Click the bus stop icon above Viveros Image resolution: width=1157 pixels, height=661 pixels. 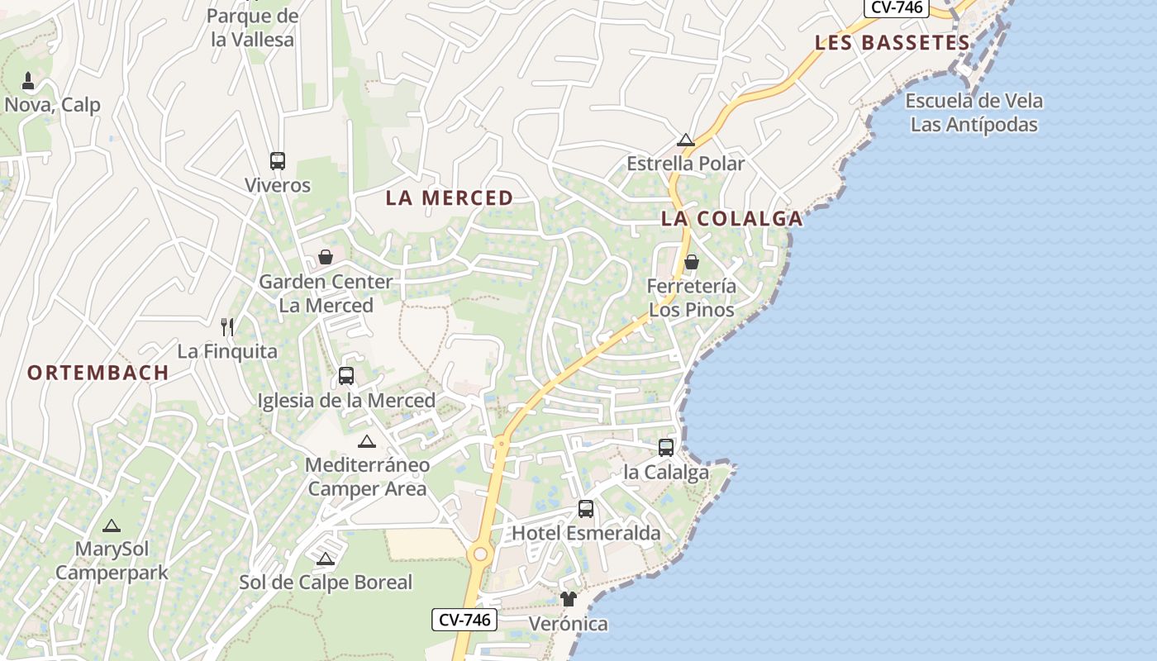tap(278, 160)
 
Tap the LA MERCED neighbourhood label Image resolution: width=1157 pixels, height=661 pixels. tap(450, 198)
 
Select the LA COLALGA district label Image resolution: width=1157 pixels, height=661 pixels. tap(732, 219)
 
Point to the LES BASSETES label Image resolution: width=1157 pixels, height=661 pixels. tap(892, 43)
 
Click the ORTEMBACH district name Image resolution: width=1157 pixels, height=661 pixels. tap(98, 373)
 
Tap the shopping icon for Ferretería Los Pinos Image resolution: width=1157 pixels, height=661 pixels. tap(692, 262)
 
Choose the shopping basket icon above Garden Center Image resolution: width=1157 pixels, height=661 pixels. tap(326, 257)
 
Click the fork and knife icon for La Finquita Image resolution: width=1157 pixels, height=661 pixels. tap(228, 327)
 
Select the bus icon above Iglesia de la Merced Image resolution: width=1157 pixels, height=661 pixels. tap(346, 376)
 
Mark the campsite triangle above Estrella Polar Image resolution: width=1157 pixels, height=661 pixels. tap(685, 140)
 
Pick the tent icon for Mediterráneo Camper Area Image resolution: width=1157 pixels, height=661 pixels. tap(367, 441)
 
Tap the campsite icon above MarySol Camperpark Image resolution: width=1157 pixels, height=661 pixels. tap(112, 525)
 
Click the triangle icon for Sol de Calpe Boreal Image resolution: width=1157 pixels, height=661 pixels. tap(326, 559)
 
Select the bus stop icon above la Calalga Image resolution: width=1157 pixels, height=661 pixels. tap(666, 448)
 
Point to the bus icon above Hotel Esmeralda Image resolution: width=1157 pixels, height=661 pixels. tap(586, 509)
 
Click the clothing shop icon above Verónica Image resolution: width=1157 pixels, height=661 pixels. tap(568, 599)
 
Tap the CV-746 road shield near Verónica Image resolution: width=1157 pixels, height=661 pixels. tap(464, 620)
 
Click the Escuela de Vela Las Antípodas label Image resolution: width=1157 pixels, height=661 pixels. tap(974, 113)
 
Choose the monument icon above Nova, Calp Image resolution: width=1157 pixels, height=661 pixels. tap(28, 81)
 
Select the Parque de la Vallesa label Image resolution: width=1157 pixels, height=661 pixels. tap(252, 27)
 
